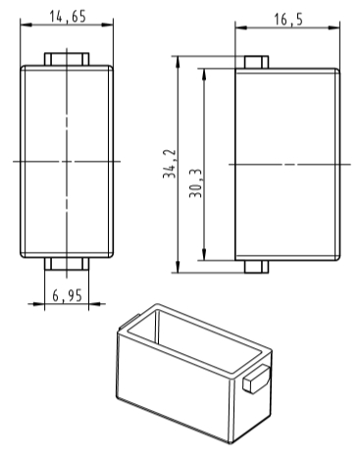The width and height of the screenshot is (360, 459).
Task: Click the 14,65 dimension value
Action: (68, 16)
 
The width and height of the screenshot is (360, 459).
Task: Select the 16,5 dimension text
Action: (288, 20)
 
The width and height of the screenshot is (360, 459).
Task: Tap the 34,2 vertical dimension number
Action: (170, 164)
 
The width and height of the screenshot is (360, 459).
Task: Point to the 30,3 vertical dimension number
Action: (196, 183)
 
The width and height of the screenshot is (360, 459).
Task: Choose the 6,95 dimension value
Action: (67, 295)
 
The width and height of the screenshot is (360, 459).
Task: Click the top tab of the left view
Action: (67, 59)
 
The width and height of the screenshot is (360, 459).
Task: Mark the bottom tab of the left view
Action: (67, 264)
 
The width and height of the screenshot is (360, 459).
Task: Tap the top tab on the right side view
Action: (256, 62)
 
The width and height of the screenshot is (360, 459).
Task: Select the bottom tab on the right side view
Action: (256, 267)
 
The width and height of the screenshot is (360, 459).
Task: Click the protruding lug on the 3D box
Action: (256, 380)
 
